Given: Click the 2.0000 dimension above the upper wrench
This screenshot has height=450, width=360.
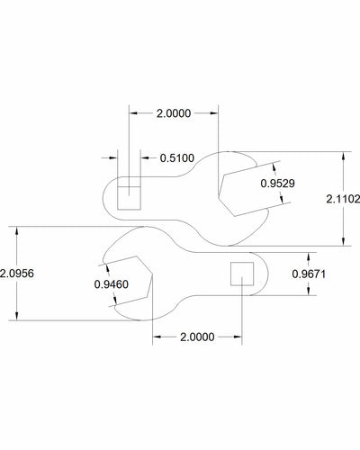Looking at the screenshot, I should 173,114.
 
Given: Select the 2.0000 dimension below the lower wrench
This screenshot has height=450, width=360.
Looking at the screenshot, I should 195,337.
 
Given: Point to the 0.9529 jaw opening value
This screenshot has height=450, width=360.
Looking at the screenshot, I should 275,183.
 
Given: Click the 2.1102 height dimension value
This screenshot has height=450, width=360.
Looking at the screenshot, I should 344,202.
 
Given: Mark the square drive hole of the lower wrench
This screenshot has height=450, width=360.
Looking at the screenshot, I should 240,273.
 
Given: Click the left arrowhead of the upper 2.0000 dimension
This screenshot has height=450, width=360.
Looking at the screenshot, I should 132,114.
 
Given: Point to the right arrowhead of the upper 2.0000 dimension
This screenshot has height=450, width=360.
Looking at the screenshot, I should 215,114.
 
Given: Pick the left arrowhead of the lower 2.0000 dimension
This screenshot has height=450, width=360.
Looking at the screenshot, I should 155,337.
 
